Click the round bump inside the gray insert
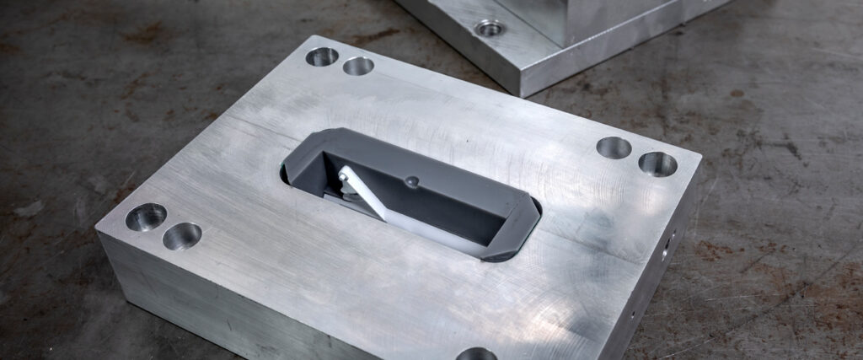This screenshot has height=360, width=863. point(411,180)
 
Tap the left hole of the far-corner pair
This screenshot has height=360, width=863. point(321,56)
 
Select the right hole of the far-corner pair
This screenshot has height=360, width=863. point(358,66)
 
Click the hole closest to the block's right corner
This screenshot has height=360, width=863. point(657,164)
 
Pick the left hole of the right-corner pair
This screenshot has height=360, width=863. point(614,148)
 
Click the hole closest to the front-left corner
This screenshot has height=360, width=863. point(146,217)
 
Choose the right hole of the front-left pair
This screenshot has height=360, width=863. point(182,236)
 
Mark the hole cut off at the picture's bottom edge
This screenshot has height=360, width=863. point(477,354)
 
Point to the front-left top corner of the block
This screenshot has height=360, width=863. point(99,228)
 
